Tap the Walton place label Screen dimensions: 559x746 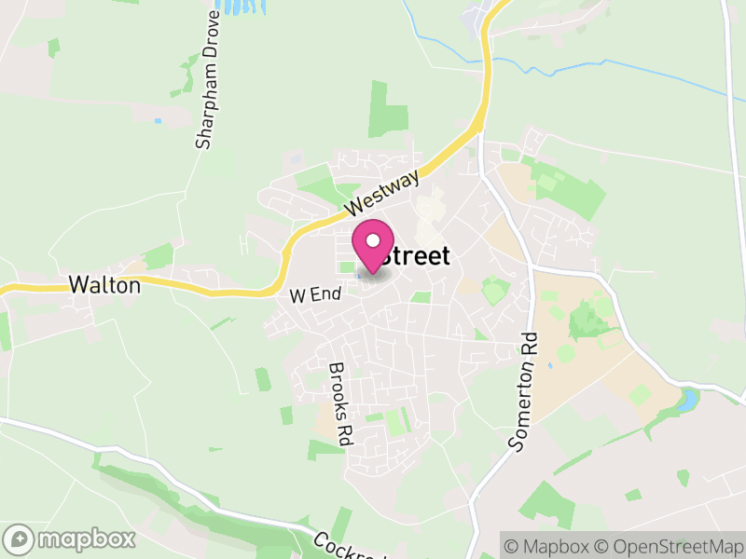click(x=105, y=286)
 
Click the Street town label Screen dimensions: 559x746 click(x=416, y=256)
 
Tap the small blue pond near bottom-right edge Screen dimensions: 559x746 click(x=689, y=402)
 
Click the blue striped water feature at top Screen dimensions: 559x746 click(x=240, y=7)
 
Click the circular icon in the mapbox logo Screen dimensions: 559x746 click(x=19, y=539)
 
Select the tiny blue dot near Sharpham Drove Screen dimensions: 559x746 click(x=158, y=121)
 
